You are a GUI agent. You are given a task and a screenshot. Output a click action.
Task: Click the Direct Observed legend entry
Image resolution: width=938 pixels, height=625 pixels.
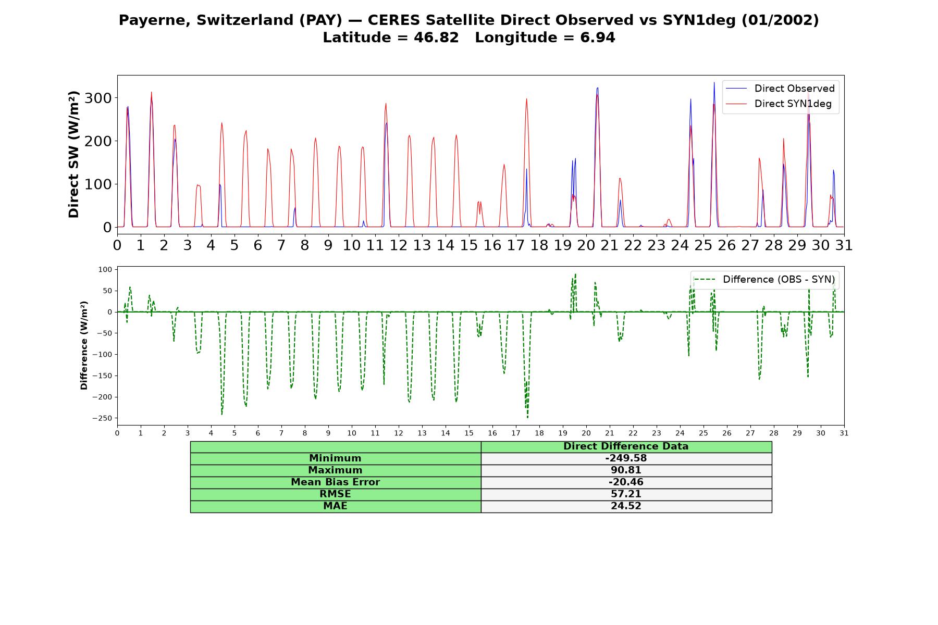pyautogui.click(x=780, y=89)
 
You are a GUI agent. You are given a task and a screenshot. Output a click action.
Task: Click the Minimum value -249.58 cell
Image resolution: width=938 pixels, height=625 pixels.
pyautogui.click(x=626, y=458)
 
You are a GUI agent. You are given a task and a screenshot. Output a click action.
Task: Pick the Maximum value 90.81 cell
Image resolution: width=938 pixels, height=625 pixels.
pyautogui.click(x=626, y=470)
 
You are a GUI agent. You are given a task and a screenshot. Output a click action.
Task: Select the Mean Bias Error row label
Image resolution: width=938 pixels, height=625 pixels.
pyautogui.click(x=335, y=482)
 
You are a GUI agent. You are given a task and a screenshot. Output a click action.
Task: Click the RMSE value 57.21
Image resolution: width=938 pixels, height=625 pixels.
pyautogui.click(x=626, y=494)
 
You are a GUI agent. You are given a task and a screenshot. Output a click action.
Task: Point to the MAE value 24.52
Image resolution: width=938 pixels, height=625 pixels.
pyautogui.click(x=626, y=506)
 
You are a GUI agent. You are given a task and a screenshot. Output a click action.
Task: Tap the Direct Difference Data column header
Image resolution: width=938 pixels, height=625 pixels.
pyautogui.click(x=626, y=446)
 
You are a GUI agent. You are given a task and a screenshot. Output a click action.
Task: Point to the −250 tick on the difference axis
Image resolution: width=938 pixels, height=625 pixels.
pyautogui.click(x=102, y=418)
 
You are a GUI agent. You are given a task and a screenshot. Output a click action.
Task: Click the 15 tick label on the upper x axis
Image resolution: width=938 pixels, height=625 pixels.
pyautogui.click(x=469, y=245)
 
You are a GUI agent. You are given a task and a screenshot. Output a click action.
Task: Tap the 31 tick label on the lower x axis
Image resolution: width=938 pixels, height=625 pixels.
pyautogui.click(x=844, y=433)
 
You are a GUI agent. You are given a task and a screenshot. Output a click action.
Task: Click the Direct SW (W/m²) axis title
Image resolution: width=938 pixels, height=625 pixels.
pyautogui.click(x=73, y=154)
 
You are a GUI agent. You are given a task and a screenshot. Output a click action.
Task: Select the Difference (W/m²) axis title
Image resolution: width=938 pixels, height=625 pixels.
pyautogui.click(x=84, y=345)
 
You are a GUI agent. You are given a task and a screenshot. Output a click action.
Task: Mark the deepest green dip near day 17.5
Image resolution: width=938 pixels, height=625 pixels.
pyautogui.click(x=527, y=418)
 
